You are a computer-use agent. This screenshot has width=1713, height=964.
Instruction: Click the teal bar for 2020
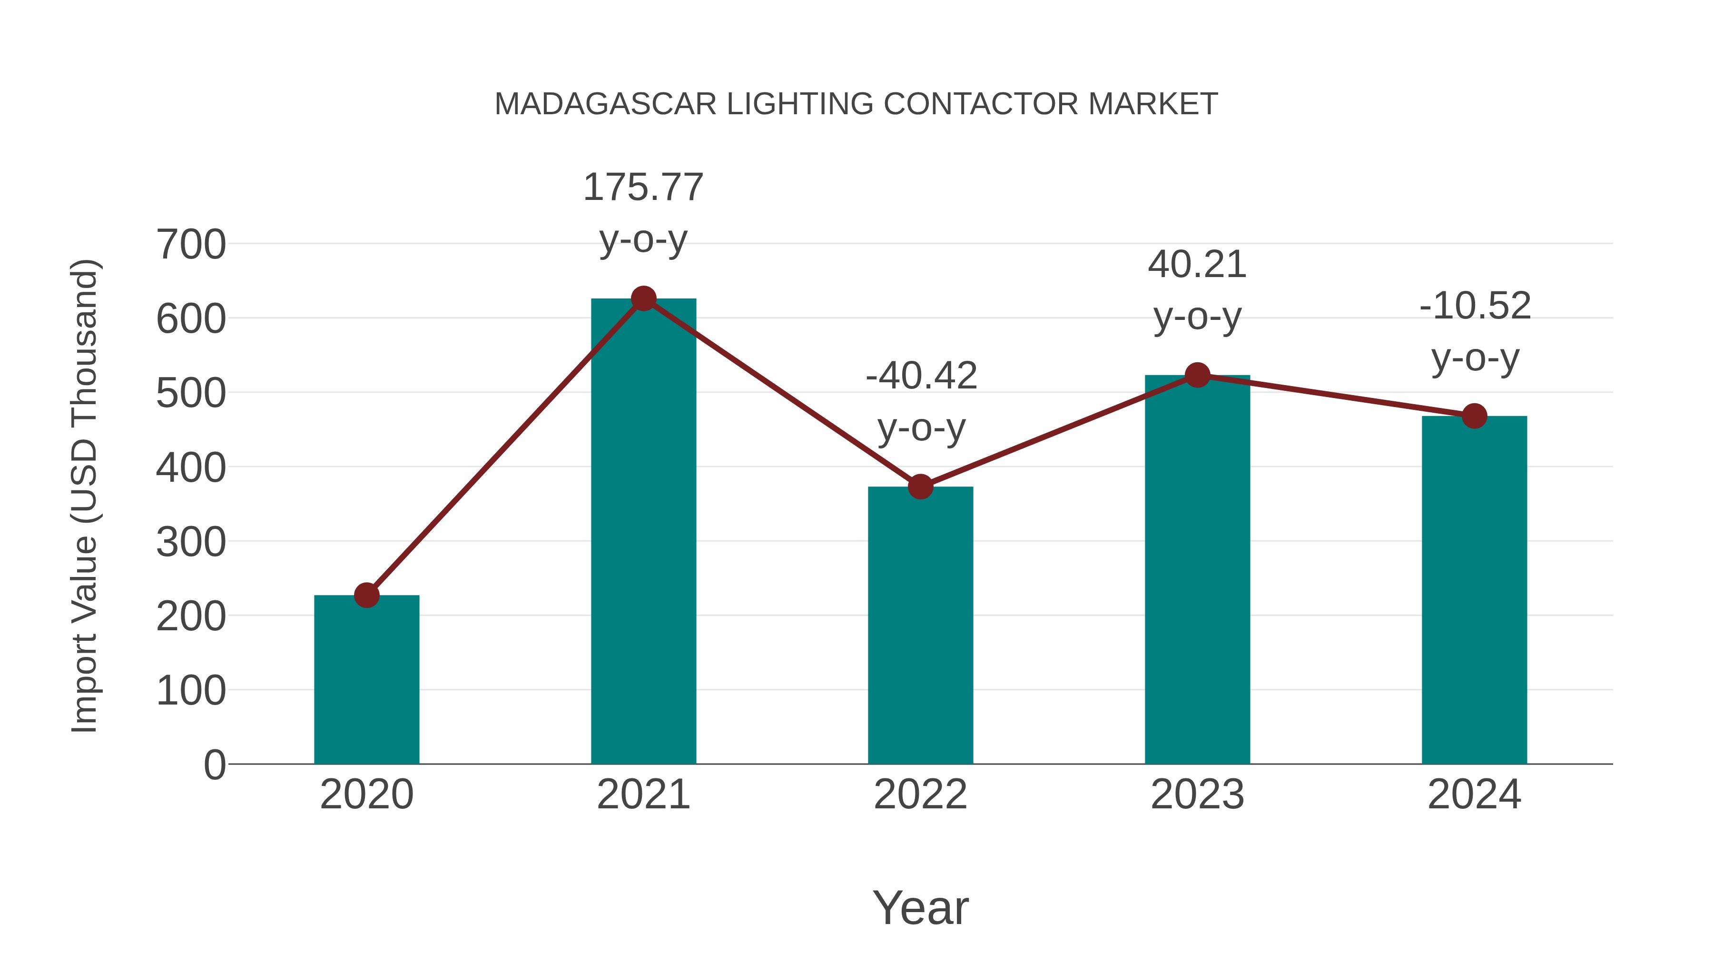(366, 678)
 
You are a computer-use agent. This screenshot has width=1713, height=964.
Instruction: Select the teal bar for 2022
(920, 626)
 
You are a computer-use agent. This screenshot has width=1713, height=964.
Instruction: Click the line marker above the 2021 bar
(643, 298)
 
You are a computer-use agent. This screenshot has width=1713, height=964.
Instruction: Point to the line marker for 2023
(1197, 375)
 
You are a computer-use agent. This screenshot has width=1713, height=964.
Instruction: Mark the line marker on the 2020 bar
(366, 595)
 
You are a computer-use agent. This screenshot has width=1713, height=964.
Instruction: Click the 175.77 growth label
(643, 187)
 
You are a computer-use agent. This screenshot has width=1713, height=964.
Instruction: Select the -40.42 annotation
(921, 376)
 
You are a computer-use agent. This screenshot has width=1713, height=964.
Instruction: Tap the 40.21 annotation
(1197, 265)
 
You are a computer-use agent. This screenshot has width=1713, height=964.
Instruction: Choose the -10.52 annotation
(1475, 306)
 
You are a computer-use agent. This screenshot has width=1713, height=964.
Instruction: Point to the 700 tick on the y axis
(191, 245)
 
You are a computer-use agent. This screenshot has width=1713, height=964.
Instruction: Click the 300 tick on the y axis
(191, 542)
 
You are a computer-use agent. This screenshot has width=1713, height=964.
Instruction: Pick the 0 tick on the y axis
(215, 765)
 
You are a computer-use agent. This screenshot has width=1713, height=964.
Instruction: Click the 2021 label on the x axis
(643, 795)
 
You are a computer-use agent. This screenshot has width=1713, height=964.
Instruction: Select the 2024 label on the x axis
(1474, 795)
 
